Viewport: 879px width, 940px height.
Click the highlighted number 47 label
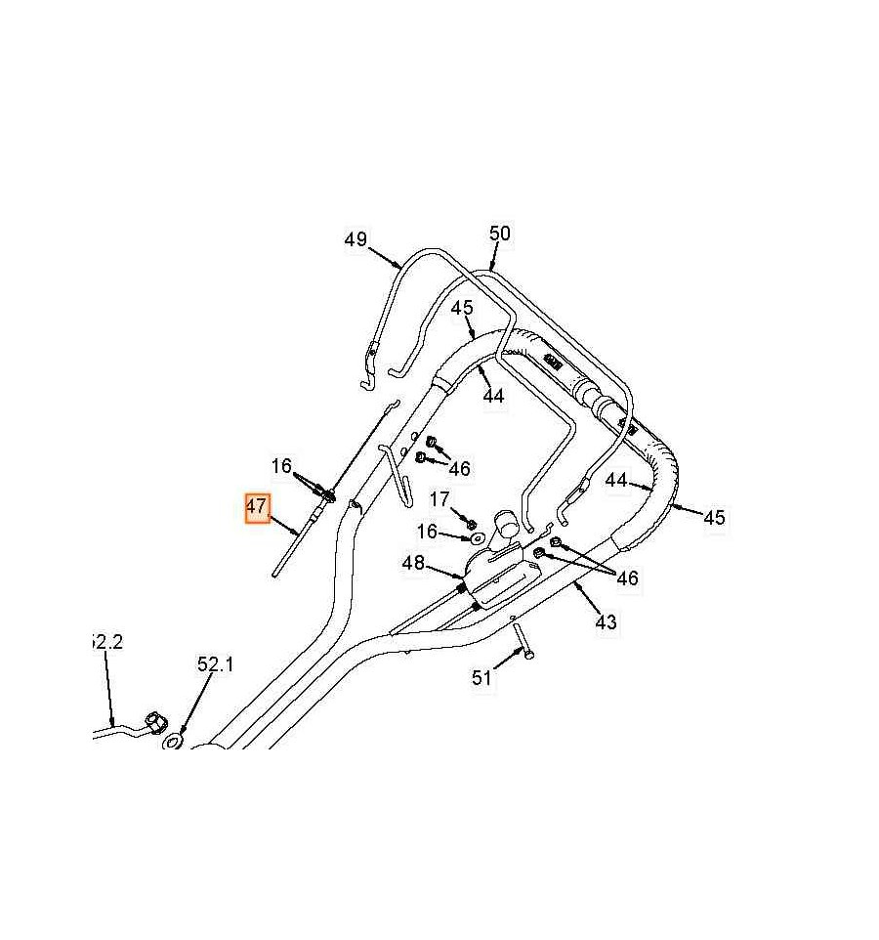pyautogui.click(x=257, y=508)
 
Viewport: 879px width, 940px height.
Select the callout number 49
pyautogui.click(x=356, y=239)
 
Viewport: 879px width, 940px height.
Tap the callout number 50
pyautogui.click(x=499, y=234)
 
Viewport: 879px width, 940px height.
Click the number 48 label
pyautogui.click(x=413, y=564)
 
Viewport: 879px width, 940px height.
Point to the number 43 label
pyautogui.click(x=606, y=621)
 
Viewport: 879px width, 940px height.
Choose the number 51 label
pyautogui.click(x=481, y=677)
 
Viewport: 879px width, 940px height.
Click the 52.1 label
pyautogui.click(x=216, y=664)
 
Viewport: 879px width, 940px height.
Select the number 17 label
pyautogui.click(x=439, y=500)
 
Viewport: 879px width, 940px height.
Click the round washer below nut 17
pyautogui.click(x=477, y=537)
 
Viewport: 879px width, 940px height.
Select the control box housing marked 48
pyautogui.click(x=498, y=577)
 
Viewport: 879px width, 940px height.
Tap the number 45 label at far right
pyautogui.click(x=714, y=517)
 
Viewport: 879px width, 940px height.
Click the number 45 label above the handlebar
pyautogui.click(x=461, y=309)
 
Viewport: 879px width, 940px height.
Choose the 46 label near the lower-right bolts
pyautogui.click(x=626, y=578)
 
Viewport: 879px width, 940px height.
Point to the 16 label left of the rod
pyautogui.click(x=281, y=467)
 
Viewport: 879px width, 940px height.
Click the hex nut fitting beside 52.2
pyautogui.click(x=154, y=724)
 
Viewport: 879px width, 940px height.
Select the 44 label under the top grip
pyautogui.click(x=493, y=396)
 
